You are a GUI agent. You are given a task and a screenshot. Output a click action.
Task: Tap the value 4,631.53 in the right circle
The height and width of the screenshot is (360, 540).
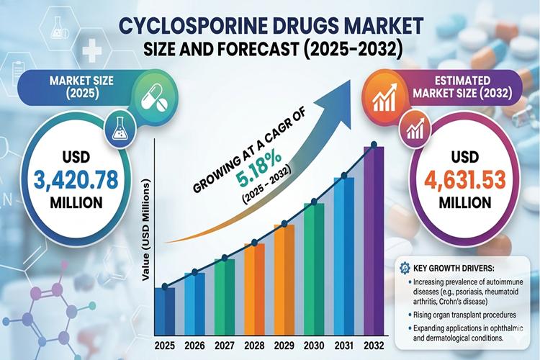pyautogui.click(x=461, y=178)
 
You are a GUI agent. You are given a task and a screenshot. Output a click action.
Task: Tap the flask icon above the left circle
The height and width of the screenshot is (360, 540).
pyautogui.click(x=119, y=128)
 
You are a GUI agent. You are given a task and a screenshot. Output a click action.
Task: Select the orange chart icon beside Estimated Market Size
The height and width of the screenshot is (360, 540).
pyautogui.click(x=380, y=96)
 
